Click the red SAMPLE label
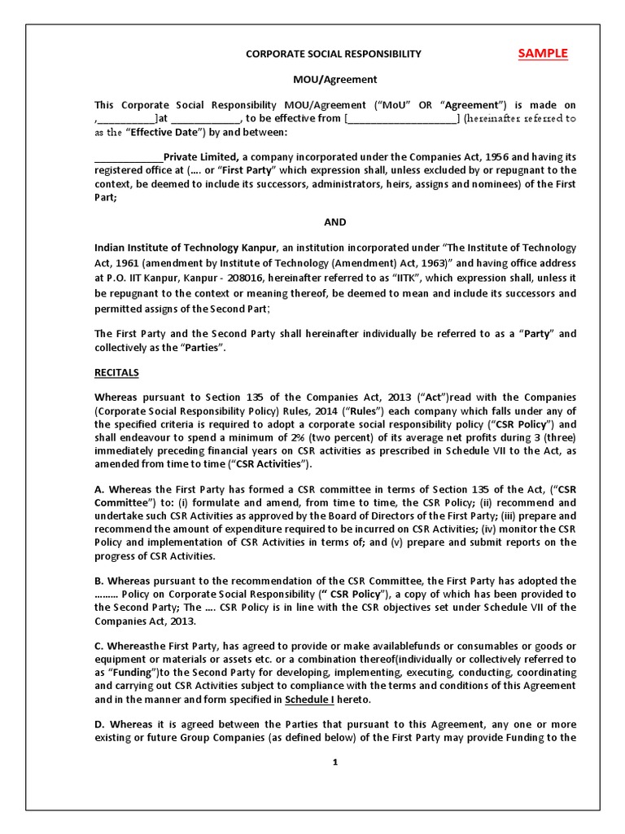[543, 54]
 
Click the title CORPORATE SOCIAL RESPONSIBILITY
[334, 55]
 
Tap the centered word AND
[334, 222]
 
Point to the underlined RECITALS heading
[117, 372]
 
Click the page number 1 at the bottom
[334, 763]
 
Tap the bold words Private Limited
[201, 157]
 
